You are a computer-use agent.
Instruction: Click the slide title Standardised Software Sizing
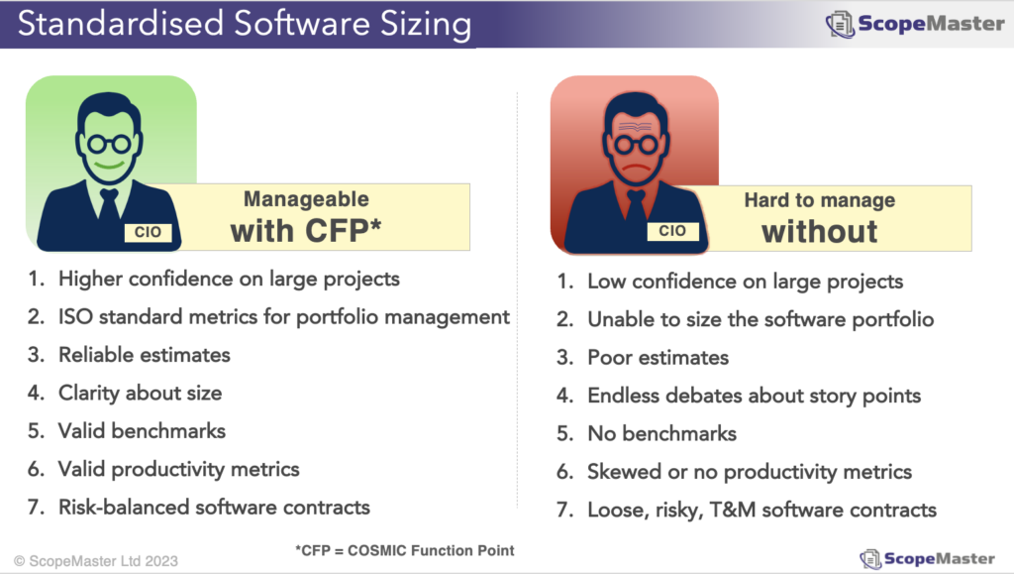(244, 24)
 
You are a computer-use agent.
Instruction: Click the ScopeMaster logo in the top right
(915, 24)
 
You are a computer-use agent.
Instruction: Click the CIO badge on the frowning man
(671, 231)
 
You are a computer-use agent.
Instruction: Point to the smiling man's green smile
(109, 161)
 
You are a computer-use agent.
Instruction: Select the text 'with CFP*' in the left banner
(306, 231)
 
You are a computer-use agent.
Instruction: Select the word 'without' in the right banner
(819, 232)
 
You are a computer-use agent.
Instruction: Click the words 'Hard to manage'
(819, 201)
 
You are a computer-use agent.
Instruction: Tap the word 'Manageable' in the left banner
(306, 200)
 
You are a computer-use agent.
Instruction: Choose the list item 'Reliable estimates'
(144, 354)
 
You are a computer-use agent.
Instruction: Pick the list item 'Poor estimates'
(658, 357)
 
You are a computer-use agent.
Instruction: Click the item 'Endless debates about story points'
(754, 396)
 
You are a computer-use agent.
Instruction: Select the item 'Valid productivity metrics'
(178, 469)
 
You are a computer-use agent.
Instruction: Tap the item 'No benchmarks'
(661, 433)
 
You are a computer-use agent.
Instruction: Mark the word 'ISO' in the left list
(76, 316)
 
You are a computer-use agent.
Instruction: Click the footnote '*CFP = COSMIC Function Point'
(405, 550)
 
